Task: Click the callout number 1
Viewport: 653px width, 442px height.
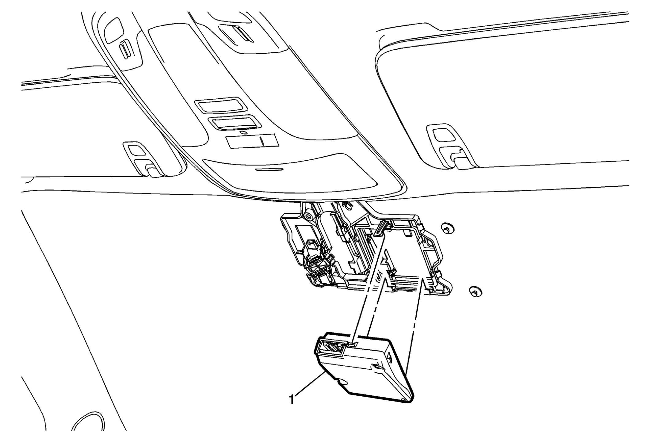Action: [x=292, y=399]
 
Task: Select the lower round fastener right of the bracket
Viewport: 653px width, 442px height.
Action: [x=475, y=291]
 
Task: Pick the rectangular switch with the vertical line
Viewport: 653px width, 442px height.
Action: [x=252, y=141]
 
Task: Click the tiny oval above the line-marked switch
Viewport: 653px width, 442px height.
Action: [x=243, y=133]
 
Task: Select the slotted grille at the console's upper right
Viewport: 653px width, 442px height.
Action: [x=241, y=34]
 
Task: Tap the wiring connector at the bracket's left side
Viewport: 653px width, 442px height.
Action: [x=314, y=264]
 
